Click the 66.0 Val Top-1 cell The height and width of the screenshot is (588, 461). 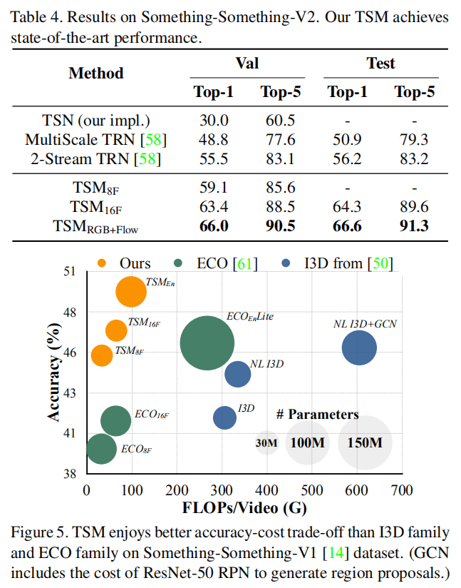(214, 226)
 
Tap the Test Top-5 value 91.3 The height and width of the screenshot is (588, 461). (414, 226)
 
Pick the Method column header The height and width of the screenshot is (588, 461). (96, 73)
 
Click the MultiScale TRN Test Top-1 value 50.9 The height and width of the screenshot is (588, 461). (347, 139)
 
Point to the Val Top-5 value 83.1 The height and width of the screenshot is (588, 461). (279, 158)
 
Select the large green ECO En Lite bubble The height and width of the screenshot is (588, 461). (207, 343)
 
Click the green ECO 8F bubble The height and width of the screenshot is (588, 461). (101, 449)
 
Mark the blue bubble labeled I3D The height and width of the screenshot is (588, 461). (224, 417)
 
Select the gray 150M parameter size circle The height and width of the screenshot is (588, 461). (365, 443)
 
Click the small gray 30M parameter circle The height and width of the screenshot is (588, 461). (266, 443)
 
